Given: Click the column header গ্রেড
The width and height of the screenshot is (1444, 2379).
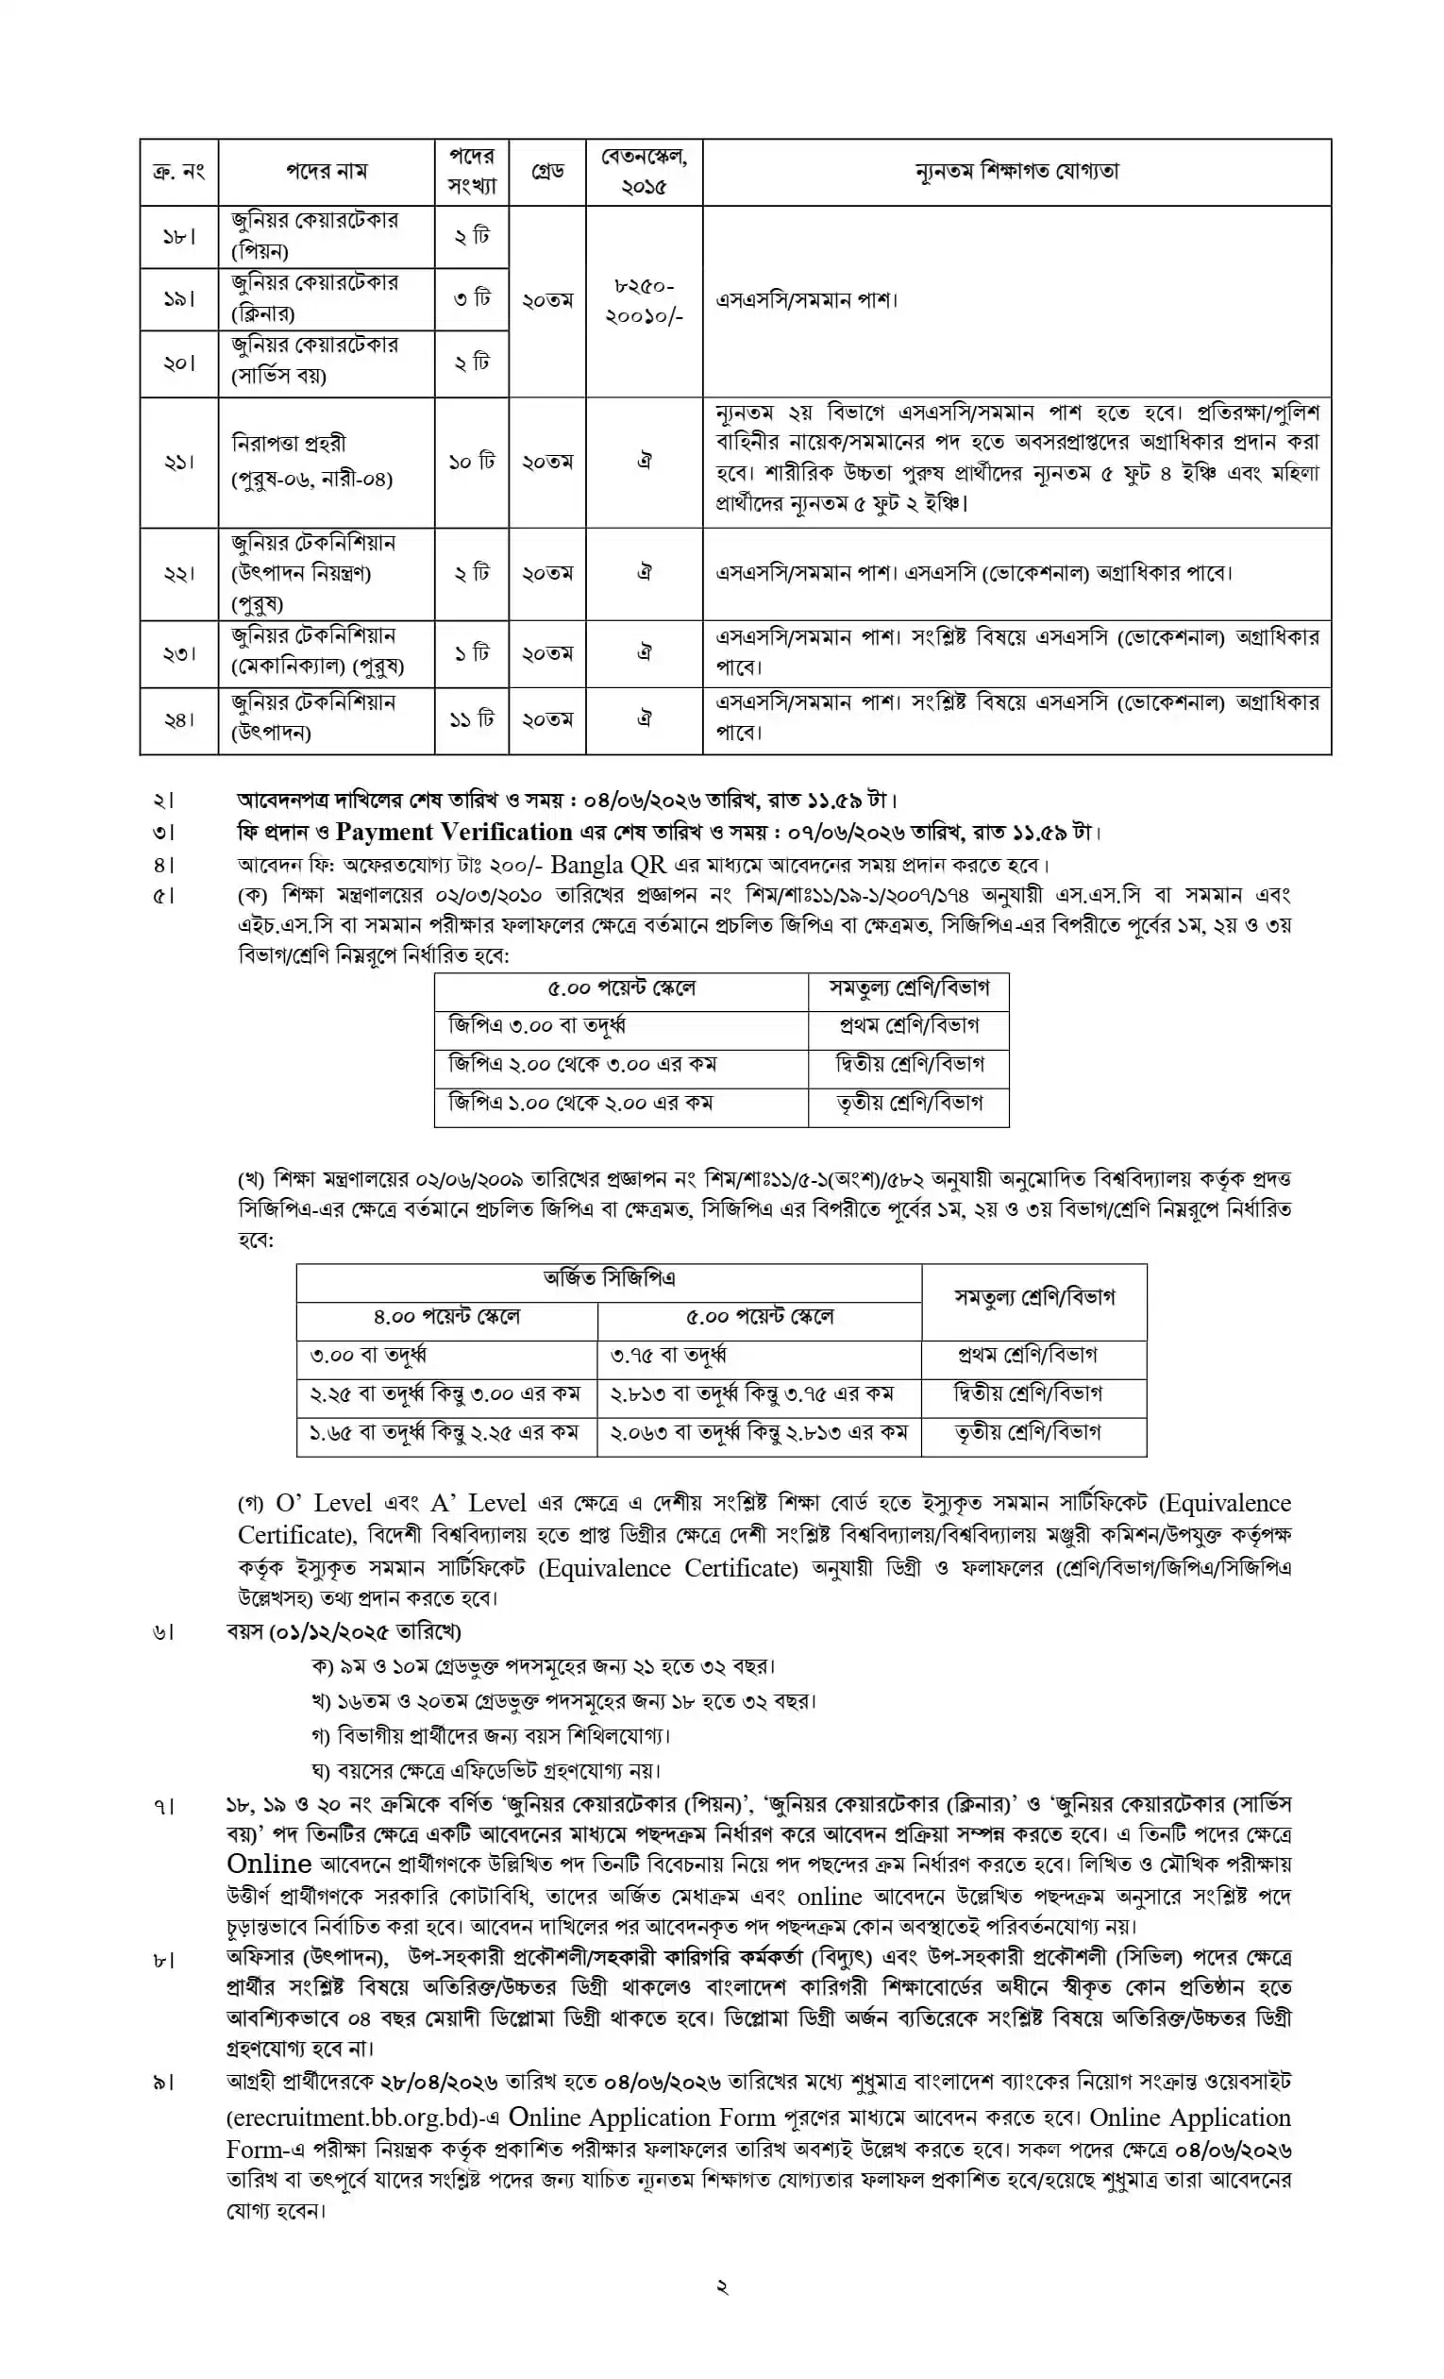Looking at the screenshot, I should click(547, 172).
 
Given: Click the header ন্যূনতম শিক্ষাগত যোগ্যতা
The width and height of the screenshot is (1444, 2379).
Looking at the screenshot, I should click(1016, 172).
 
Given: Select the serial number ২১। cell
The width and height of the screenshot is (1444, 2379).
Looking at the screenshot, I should click(178, 462).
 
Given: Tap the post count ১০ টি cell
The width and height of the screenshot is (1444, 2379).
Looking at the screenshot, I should click(471, 462).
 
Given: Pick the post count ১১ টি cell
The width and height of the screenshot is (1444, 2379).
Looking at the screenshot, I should click(471, 719).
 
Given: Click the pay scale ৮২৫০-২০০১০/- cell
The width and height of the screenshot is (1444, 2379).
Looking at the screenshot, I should click(644, 300).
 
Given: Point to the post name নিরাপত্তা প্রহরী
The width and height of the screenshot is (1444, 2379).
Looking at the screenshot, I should click(289, 443).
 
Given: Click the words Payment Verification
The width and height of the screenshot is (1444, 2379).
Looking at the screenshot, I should click(454, 832).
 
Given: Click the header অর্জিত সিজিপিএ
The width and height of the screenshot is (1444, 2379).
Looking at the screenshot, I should click(608, 1278).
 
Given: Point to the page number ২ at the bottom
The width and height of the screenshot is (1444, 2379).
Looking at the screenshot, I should click(721, 2286).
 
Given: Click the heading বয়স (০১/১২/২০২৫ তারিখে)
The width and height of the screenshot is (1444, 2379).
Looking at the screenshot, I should click(343, 1630).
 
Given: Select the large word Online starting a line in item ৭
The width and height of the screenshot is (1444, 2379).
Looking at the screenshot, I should click(268, 1863).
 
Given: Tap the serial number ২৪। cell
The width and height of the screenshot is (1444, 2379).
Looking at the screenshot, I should click(178, 719).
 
